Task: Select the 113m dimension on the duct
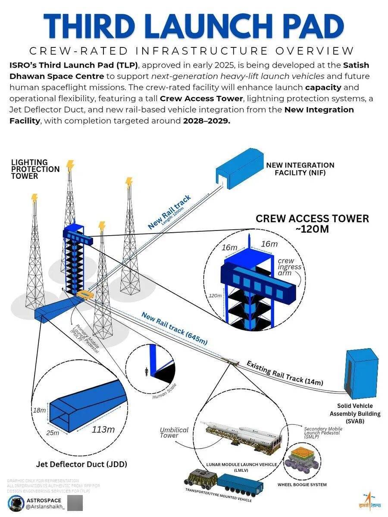pos(103,429)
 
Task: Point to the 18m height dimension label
pos(40,410)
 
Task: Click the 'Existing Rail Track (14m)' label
pos(285,373)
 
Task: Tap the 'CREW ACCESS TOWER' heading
pos(312,218)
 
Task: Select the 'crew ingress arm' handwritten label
pos(289,267)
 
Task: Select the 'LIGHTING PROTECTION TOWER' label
pos(35,169)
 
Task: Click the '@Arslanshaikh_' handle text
pos(45,507)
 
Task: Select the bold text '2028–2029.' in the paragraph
pos(206,121)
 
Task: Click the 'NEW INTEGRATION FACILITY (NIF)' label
pos(300,168)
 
